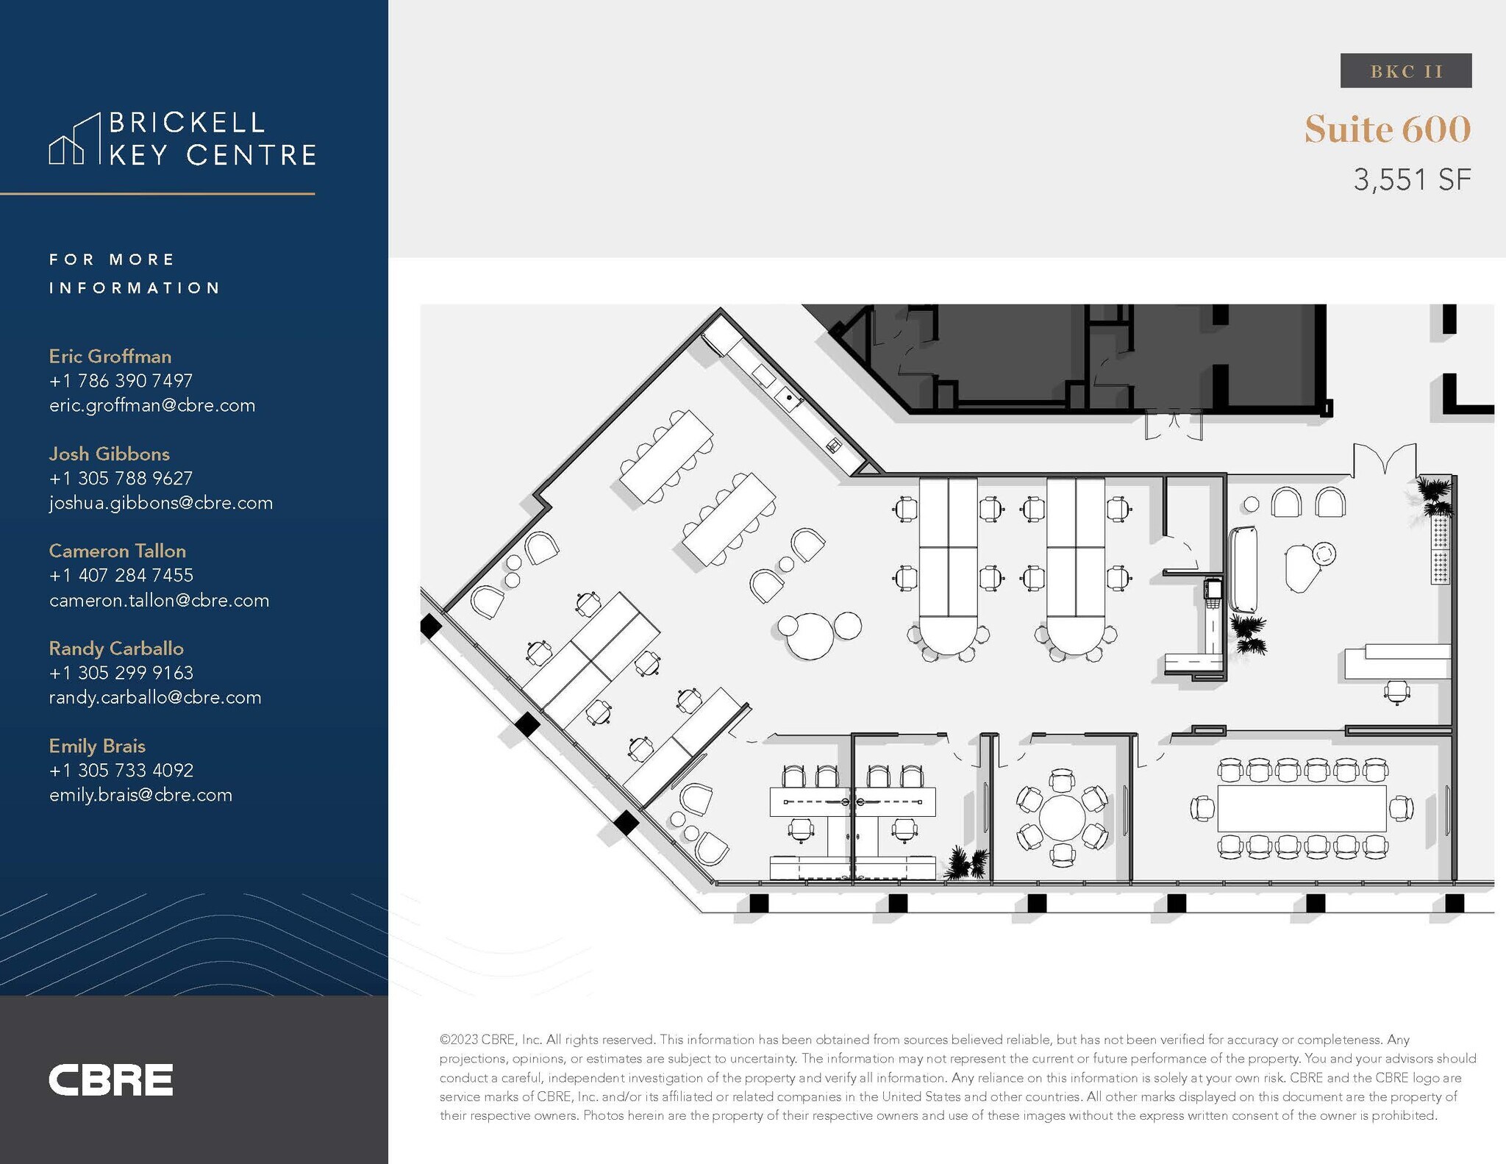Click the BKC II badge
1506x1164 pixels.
1405,71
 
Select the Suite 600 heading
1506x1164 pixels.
1387,129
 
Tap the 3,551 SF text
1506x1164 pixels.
1412,179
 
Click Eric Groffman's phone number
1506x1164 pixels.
121,381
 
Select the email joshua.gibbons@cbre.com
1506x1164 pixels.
160,503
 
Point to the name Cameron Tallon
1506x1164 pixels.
117,551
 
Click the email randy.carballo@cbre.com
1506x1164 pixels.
155,697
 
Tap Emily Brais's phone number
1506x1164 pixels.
121,770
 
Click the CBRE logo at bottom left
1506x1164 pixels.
110,1079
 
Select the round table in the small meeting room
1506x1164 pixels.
1061,817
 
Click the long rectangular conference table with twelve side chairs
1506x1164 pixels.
1302,808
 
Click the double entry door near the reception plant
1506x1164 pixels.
1384,460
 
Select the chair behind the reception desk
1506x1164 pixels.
1396,692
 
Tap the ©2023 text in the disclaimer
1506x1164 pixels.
458,1039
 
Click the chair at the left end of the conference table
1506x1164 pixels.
1202,808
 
